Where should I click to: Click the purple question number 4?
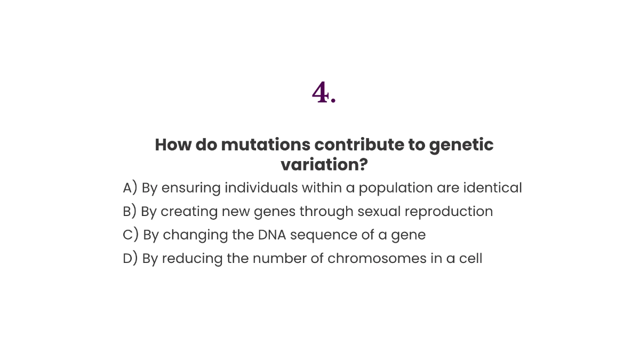(323, 93)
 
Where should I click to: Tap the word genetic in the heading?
(461, 145)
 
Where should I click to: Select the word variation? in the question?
(324, 165)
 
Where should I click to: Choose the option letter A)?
(130, 188)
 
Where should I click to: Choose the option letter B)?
(130, 211)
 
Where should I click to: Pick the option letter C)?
(131, 235)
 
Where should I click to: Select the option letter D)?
(130, 258)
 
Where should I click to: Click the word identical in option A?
(493, 188)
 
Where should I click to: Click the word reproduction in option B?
(449, 212)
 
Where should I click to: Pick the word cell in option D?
(471, 258)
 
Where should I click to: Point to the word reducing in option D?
(190, 259)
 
